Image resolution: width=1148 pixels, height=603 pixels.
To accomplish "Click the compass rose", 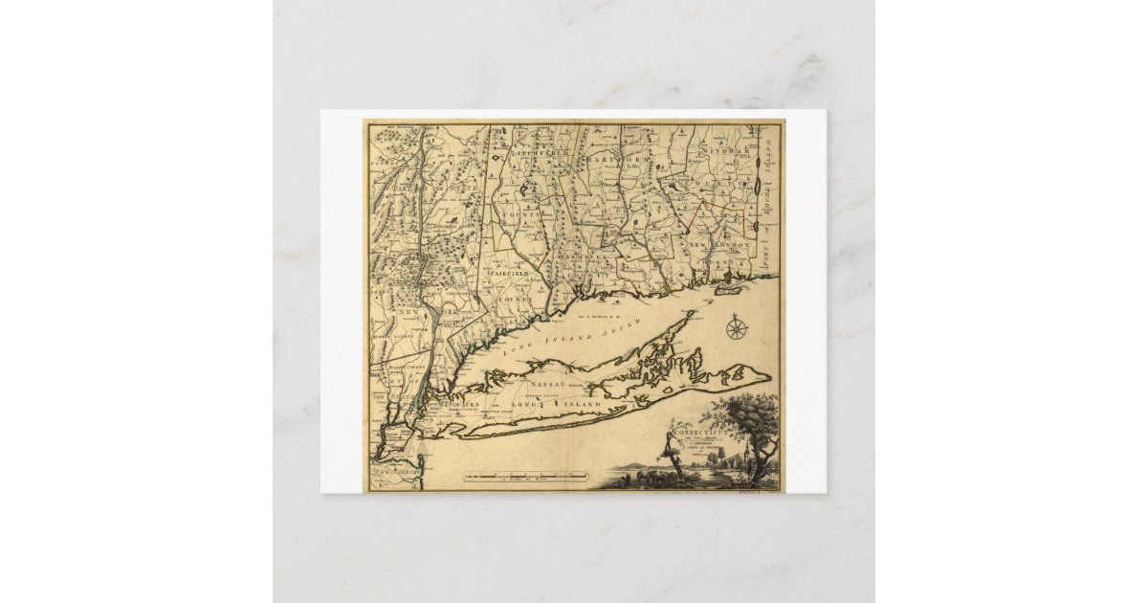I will [737, 328].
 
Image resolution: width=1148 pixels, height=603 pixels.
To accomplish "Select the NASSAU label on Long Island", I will [542, 381].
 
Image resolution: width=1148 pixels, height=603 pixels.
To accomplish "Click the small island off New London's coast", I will [730, 285].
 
